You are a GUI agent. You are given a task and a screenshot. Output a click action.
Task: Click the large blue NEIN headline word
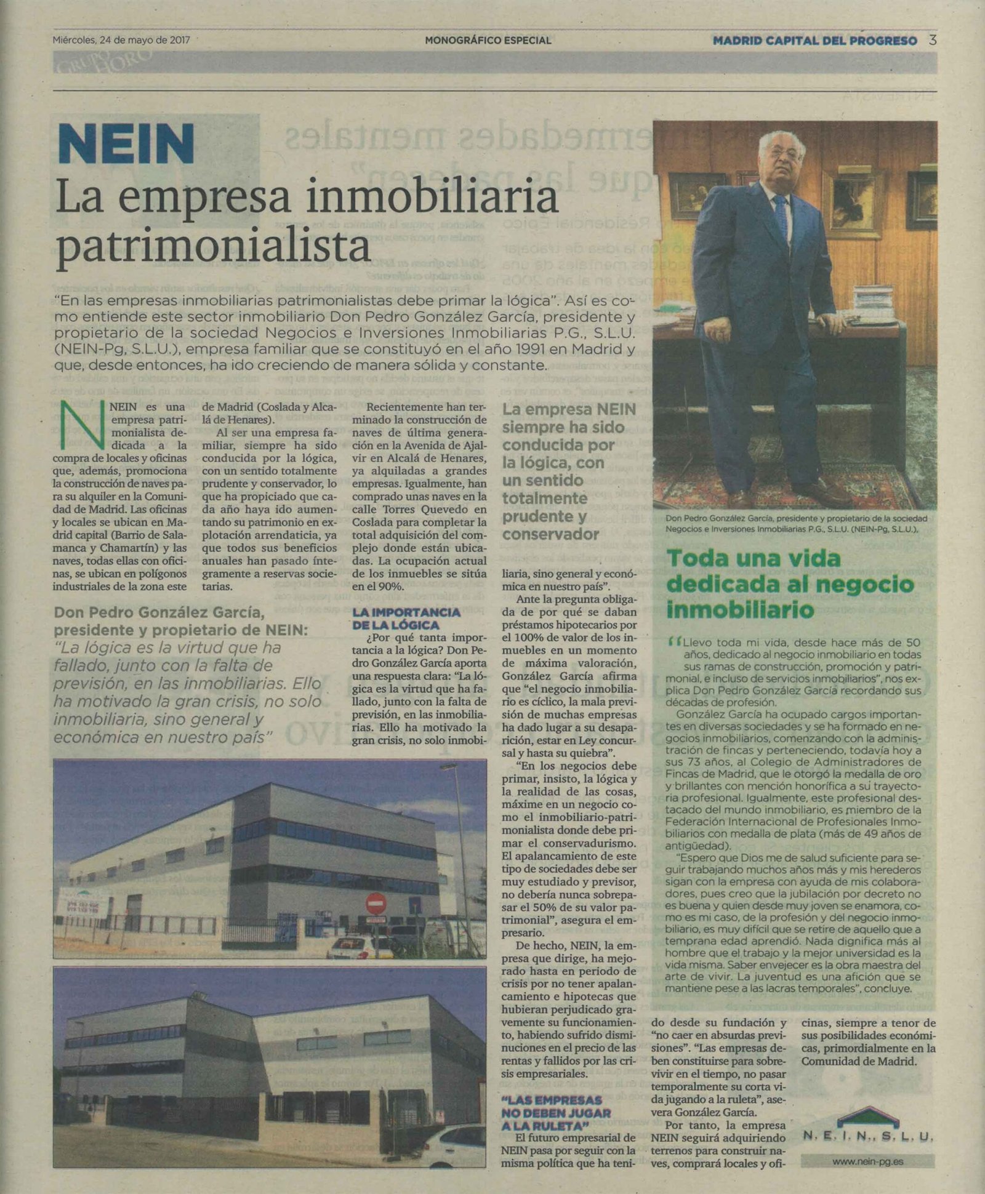tap(126, 144)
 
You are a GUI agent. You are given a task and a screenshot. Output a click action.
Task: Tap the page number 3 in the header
tap(933, 41)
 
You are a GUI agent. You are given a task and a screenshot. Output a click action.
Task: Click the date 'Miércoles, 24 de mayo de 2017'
tap(121, 41)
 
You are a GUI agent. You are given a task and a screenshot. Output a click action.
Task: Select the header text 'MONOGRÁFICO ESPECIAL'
tap(488, 41)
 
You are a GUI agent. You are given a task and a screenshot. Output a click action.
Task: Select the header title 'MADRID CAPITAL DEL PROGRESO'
tap(814, 41)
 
